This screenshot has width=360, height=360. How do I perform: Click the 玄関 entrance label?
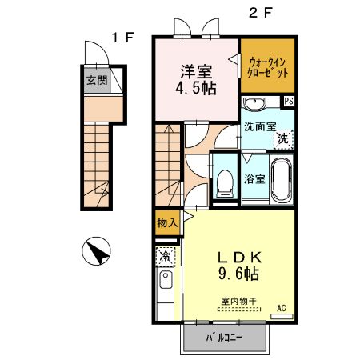94,80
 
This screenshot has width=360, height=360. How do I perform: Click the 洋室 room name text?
196,69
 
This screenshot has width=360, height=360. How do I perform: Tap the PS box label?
289,101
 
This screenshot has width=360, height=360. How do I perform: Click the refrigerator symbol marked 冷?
164,257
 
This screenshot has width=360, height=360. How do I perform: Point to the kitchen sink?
165,282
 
